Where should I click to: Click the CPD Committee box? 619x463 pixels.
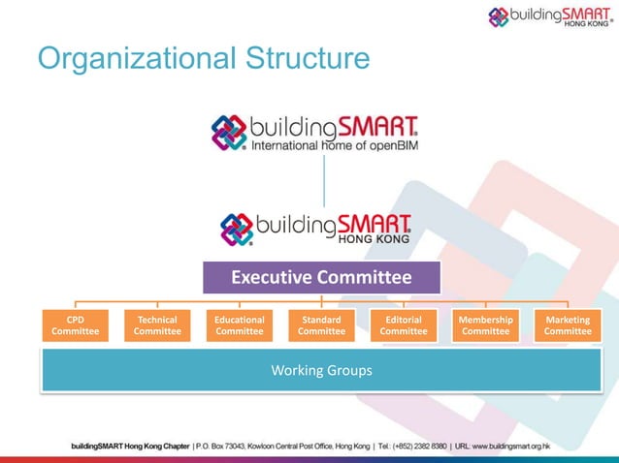[75, 325]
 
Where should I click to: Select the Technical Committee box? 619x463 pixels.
[157, 325]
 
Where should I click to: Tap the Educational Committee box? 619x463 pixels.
[240, 325]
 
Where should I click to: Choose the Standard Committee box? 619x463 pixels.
[321, 325]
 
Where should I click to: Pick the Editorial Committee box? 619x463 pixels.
[404, 325]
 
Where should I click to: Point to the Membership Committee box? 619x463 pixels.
[485, 325]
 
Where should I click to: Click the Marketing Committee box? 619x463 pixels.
[568, 325]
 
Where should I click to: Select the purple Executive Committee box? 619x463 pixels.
[321, 278]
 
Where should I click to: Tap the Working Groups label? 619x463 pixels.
[321, 370]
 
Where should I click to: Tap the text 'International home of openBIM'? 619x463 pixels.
[335, 148]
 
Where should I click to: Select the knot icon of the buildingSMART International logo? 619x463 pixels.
[230, 134]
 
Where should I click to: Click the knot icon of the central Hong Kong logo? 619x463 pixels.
[237, 229]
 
